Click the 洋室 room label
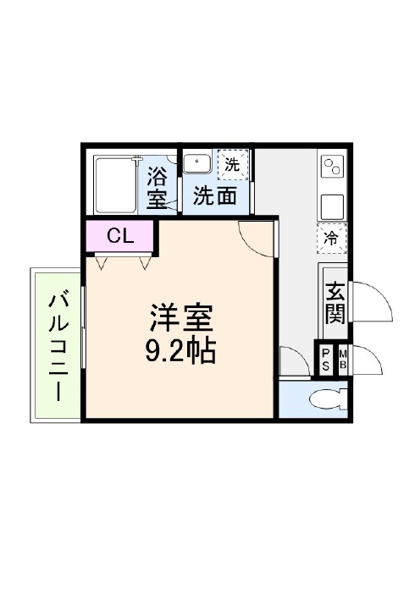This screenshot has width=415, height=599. (x=181, y=317)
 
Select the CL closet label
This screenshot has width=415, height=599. (x=120, y=236)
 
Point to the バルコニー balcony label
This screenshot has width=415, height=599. (x=58, y=347)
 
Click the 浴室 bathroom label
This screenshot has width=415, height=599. (x=157, y=188)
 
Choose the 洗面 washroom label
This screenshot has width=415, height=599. (x=215, y=195)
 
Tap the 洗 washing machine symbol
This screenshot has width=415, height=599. (x=233, y=165)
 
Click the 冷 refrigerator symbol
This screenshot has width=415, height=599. (x=332, y=239)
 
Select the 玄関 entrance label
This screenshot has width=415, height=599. (x=335, y=303)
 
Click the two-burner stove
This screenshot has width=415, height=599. (x=332, y=166)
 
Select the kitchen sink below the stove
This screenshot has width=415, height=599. (x=332, y=206)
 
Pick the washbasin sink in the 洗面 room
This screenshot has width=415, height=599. (x=197, y=163)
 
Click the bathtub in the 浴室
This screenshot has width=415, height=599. (x=115, y=185)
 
